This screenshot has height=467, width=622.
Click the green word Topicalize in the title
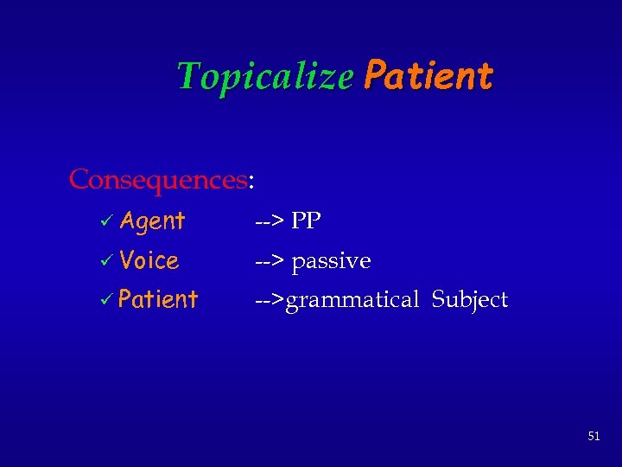[x=264, y=77]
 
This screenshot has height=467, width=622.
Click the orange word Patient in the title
[x=428, y=76]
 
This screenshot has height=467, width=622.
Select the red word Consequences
[x=158, y=180]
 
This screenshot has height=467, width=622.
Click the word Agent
[x=153, y=221]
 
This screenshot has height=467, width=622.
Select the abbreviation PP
[x=306, y=221]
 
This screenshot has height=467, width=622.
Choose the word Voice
[x=149, y=260]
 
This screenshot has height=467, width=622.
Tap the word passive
[x=331, y=261]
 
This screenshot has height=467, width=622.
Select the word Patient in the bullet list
[x=158, y=300]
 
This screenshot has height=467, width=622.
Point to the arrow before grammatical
[x=269, y=301]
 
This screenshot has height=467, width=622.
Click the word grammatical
[x=352, y=301]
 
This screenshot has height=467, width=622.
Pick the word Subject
[x=469, y=300]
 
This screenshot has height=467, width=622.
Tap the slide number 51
[x=593, y=436]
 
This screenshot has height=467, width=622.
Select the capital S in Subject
[x=438, y=299]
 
